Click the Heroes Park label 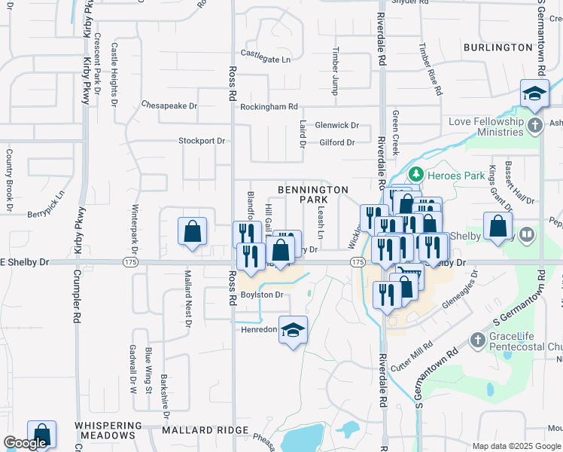pyautogui.click(x=455, y=175)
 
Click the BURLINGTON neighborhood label pyautogui.click(x=498, y=47)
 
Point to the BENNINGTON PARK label pyautogui.click(x=313, y=195)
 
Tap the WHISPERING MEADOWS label pyautogui.click(x=105, y=430)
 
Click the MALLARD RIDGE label pyautogui.click(x=205, y=430)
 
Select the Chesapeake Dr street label pyautogui.click(x=169, y=106)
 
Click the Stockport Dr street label pyautogui.click(x=202, y=141)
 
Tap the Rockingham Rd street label pyautogui.click(x=269, y=107)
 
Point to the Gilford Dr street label pyautogui.click(x=336, y=142)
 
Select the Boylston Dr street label pyautogui.click(x=261, y=295)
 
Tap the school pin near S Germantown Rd pyautogui.click(x=534, y=95)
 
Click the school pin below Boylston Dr pyautogui.click(x=293, y=330)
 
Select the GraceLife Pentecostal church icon pyautogui.click(x=476, y=341)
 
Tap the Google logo pyautogui.click(x=25, y=444)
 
